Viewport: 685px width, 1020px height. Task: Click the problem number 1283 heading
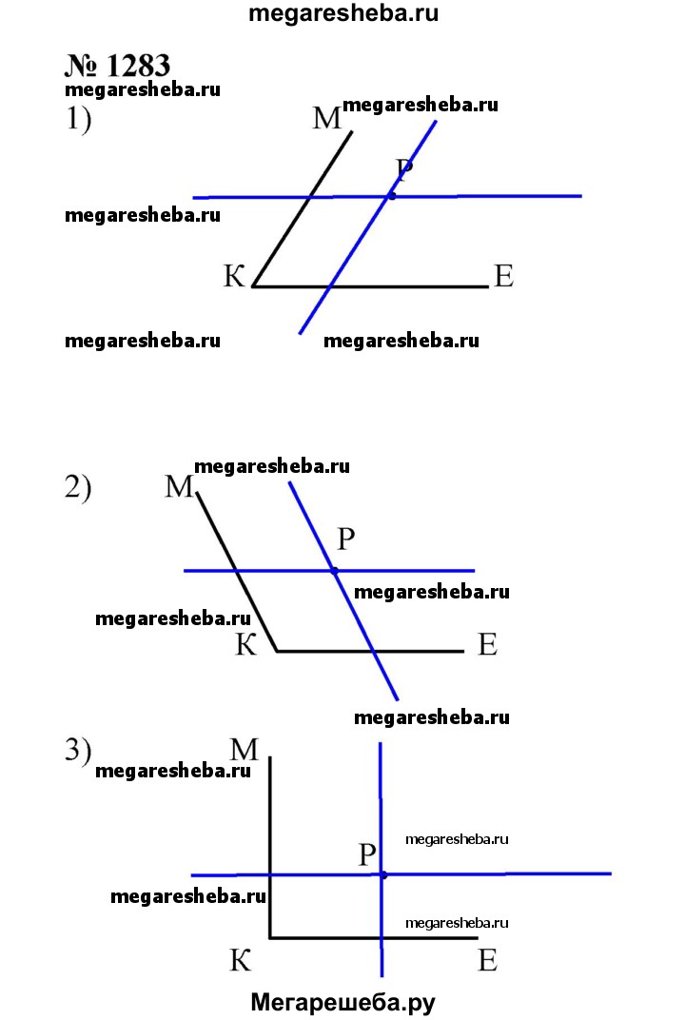pos(118,66)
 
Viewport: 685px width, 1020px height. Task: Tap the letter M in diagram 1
pos(326,118)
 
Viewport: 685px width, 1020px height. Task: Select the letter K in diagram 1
pos(235,277)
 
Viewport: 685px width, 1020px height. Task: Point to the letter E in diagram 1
pos(503,277)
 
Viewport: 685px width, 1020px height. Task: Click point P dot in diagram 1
pos(390,196)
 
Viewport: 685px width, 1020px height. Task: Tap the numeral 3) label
pos(78,751)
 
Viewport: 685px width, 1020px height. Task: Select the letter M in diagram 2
pos(179,487)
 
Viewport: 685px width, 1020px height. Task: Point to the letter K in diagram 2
pos(246,646)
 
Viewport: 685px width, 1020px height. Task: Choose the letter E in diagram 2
pos(487,646)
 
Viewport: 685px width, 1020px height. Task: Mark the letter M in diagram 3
pos(245,750)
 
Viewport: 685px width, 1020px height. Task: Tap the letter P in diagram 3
pos(368,854)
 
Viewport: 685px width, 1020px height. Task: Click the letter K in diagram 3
pos(240,961)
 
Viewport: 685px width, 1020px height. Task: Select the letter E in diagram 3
pos(487,961)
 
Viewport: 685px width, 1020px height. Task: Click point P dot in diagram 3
pos(382,873)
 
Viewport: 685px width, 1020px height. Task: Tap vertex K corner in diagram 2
pos(277,651)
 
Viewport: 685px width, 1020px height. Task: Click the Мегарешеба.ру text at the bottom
pos(342,1002)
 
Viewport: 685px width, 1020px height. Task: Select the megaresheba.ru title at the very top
pos(342,14)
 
